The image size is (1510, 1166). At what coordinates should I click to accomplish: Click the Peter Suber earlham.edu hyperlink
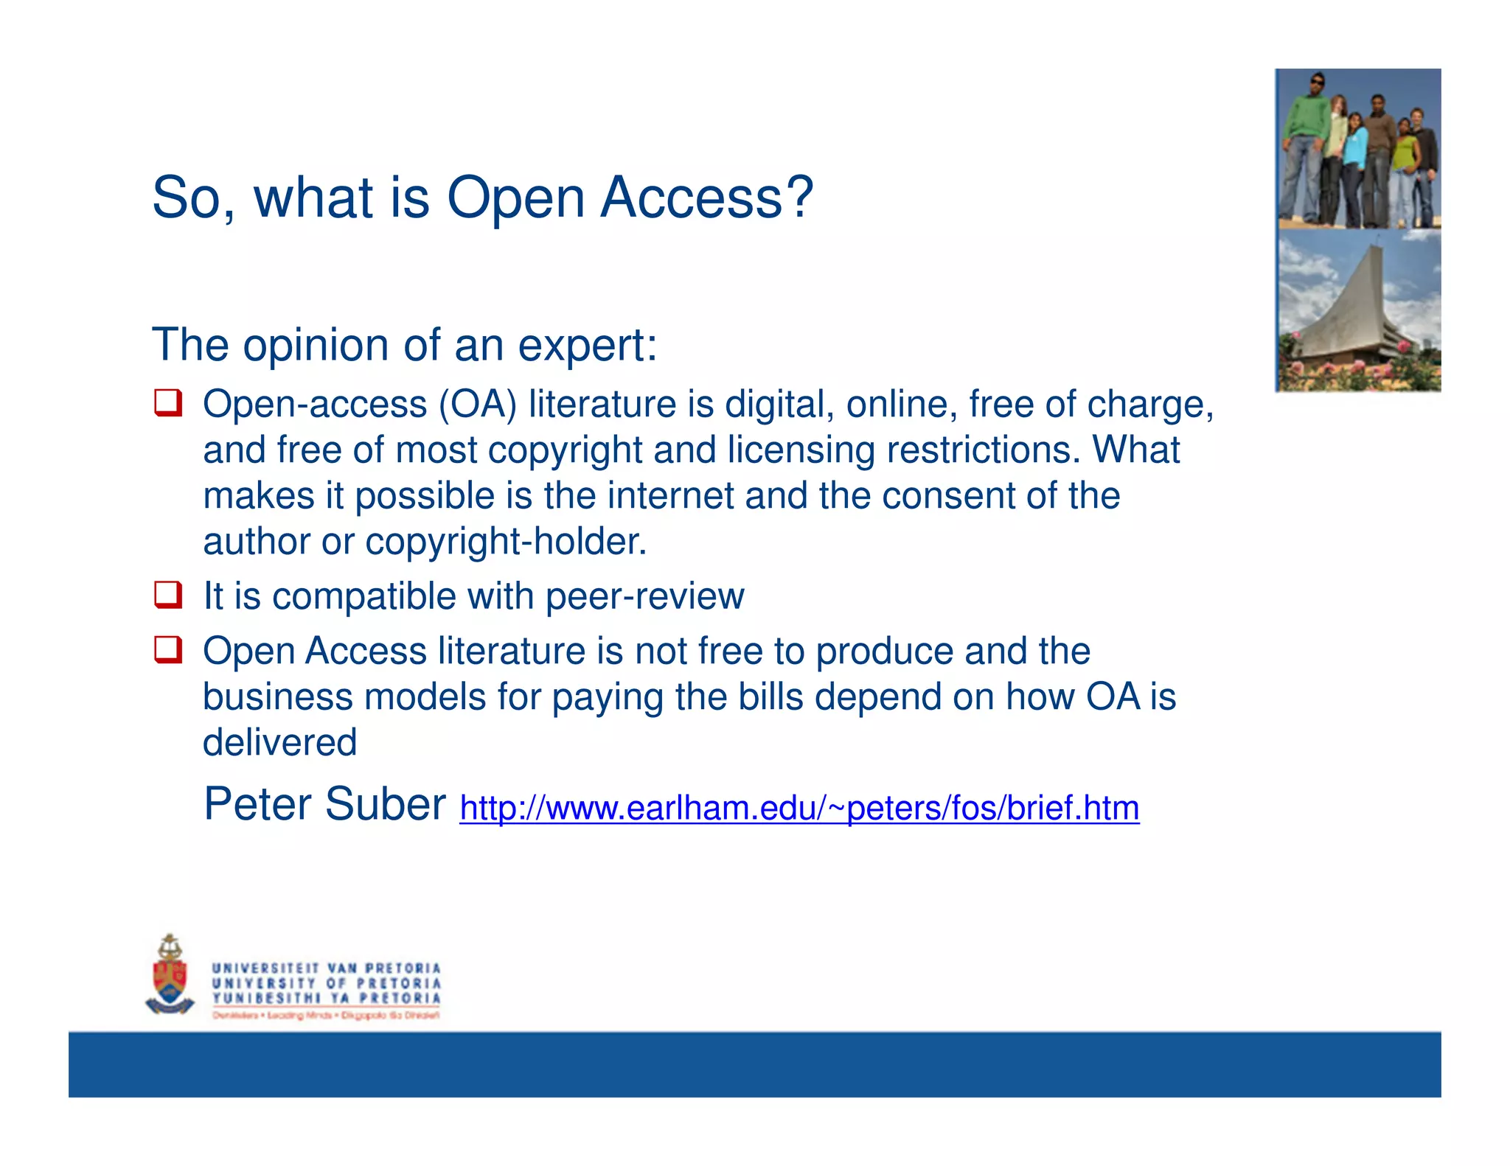(799, 808)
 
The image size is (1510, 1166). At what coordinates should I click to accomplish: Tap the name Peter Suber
(324, 803)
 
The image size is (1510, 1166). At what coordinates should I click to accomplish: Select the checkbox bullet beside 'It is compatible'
(168, 595)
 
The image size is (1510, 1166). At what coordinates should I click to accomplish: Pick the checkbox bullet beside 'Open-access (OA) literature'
(168, 403)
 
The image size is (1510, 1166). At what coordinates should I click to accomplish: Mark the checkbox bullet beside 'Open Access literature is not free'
(168, 650)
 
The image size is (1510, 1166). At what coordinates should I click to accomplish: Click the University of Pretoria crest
(170, 974)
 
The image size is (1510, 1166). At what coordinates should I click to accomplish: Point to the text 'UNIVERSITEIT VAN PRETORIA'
(326, 968)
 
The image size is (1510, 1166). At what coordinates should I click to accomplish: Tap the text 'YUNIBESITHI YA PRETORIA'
(326, 998)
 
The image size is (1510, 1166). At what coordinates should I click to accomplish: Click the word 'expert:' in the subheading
(587, 345)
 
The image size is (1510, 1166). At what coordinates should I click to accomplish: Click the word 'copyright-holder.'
(506, 542)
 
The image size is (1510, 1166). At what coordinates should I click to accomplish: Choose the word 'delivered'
(279, 742)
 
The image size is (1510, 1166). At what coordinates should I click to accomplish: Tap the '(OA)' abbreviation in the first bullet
(478, 405)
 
